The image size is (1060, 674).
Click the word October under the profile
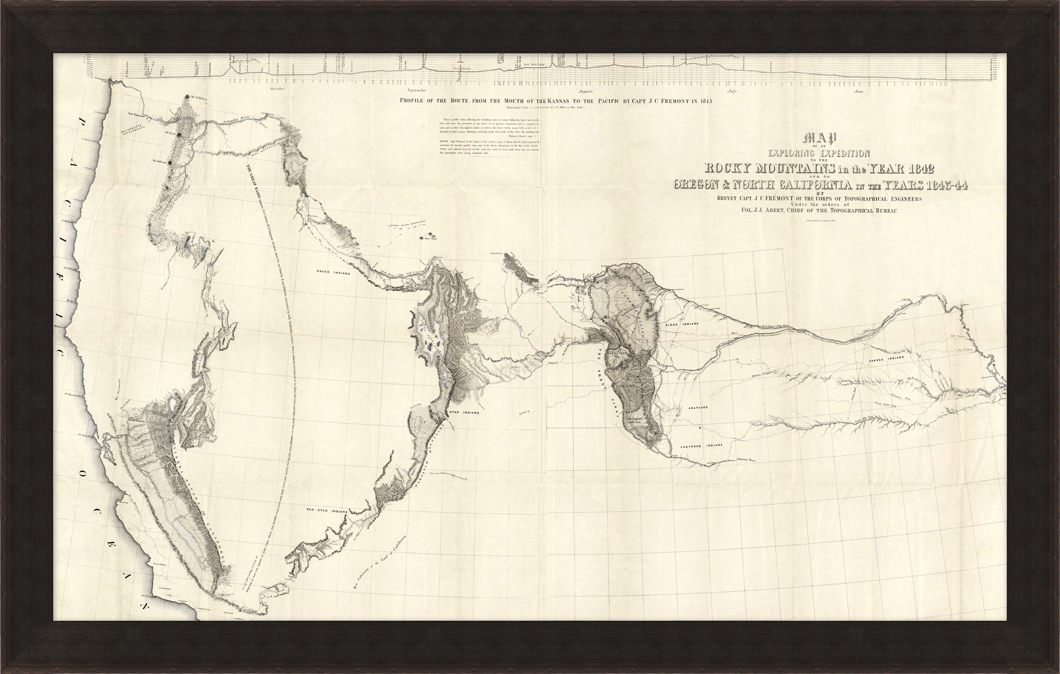point(277,89)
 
